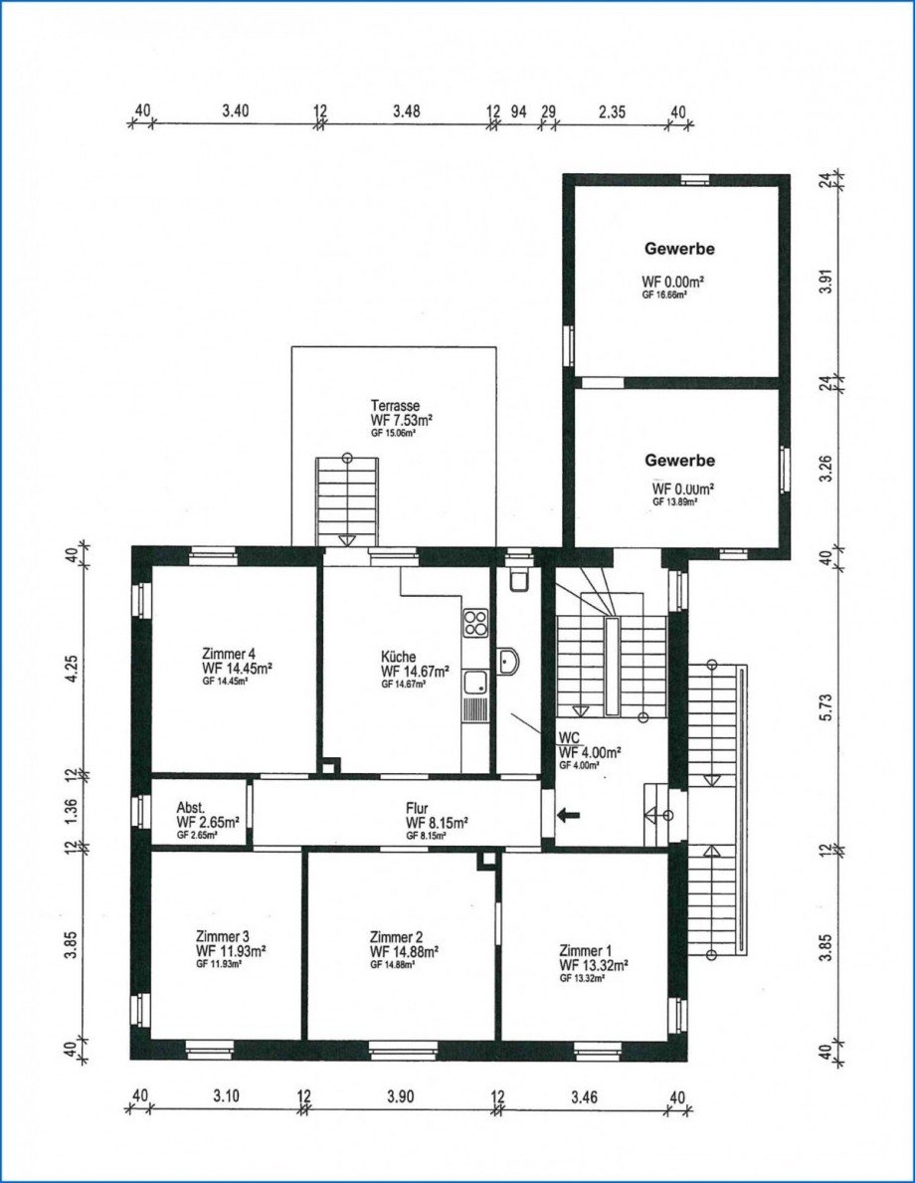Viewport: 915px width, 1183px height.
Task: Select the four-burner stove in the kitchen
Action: (475, 624)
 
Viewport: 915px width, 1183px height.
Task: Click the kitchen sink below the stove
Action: (475, 684)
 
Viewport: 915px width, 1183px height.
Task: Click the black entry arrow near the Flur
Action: (568, 816)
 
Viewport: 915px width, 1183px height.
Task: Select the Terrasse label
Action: (395, 406)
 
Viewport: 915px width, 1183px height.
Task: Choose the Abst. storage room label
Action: (191, 808)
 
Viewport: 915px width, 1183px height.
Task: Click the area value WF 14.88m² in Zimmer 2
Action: (404, 951)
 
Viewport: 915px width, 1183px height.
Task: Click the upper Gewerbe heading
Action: (679, 249)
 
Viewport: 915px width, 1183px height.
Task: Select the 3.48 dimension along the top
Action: (406, 111)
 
